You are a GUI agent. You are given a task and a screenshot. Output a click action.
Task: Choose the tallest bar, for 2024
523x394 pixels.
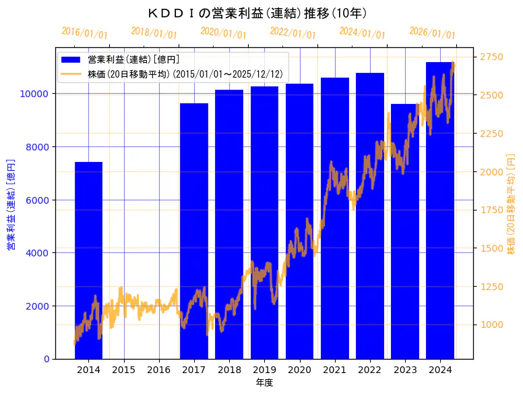pyautogui.click(x=439, y=210)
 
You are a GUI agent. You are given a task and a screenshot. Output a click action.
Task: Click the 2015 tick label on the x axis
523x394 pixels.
pyautogui.click(x=123, y=370)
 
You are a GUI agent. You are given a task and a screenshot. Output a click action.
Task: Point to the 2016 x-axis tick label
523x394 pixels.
pyautogui.click(x=158, y=370)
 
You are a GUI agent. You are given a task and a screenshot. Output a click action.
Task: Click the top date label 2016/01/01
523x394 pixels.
pyautogui.click(x=84, y=32)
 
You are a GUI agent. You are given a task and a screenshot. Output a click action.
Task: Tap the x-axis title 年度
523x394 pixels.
pyautogui.click(x=264, y=383)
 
